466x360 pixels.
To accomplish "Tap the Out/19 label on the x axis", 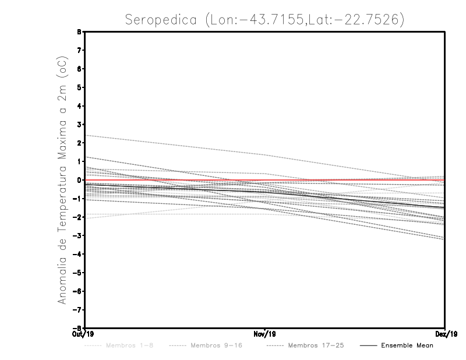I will (x=80, y=334).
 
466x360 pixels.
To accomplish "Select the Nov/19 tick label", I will (x=265, y=334).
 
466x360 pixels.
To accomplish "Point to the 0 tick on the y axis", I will (x=79, y=180).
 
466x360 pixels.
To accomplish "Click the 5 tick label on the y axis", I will (x=79, y=87).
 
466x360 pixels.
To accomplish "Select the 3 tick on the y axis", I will (x=79, y=125).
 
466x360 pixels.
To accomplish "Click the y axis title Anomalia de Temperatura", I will (x=62, y=180).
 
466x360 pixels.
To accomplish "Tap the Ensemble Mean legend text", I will (x=407, y=346).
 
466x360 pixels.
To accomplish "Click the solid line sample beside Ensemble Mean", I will (x=368, y=346).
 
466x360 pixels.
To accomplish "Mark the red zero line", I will (x=349, y=180).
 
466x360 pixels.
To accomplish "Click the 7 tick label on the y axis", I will (x=79, y=50).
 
